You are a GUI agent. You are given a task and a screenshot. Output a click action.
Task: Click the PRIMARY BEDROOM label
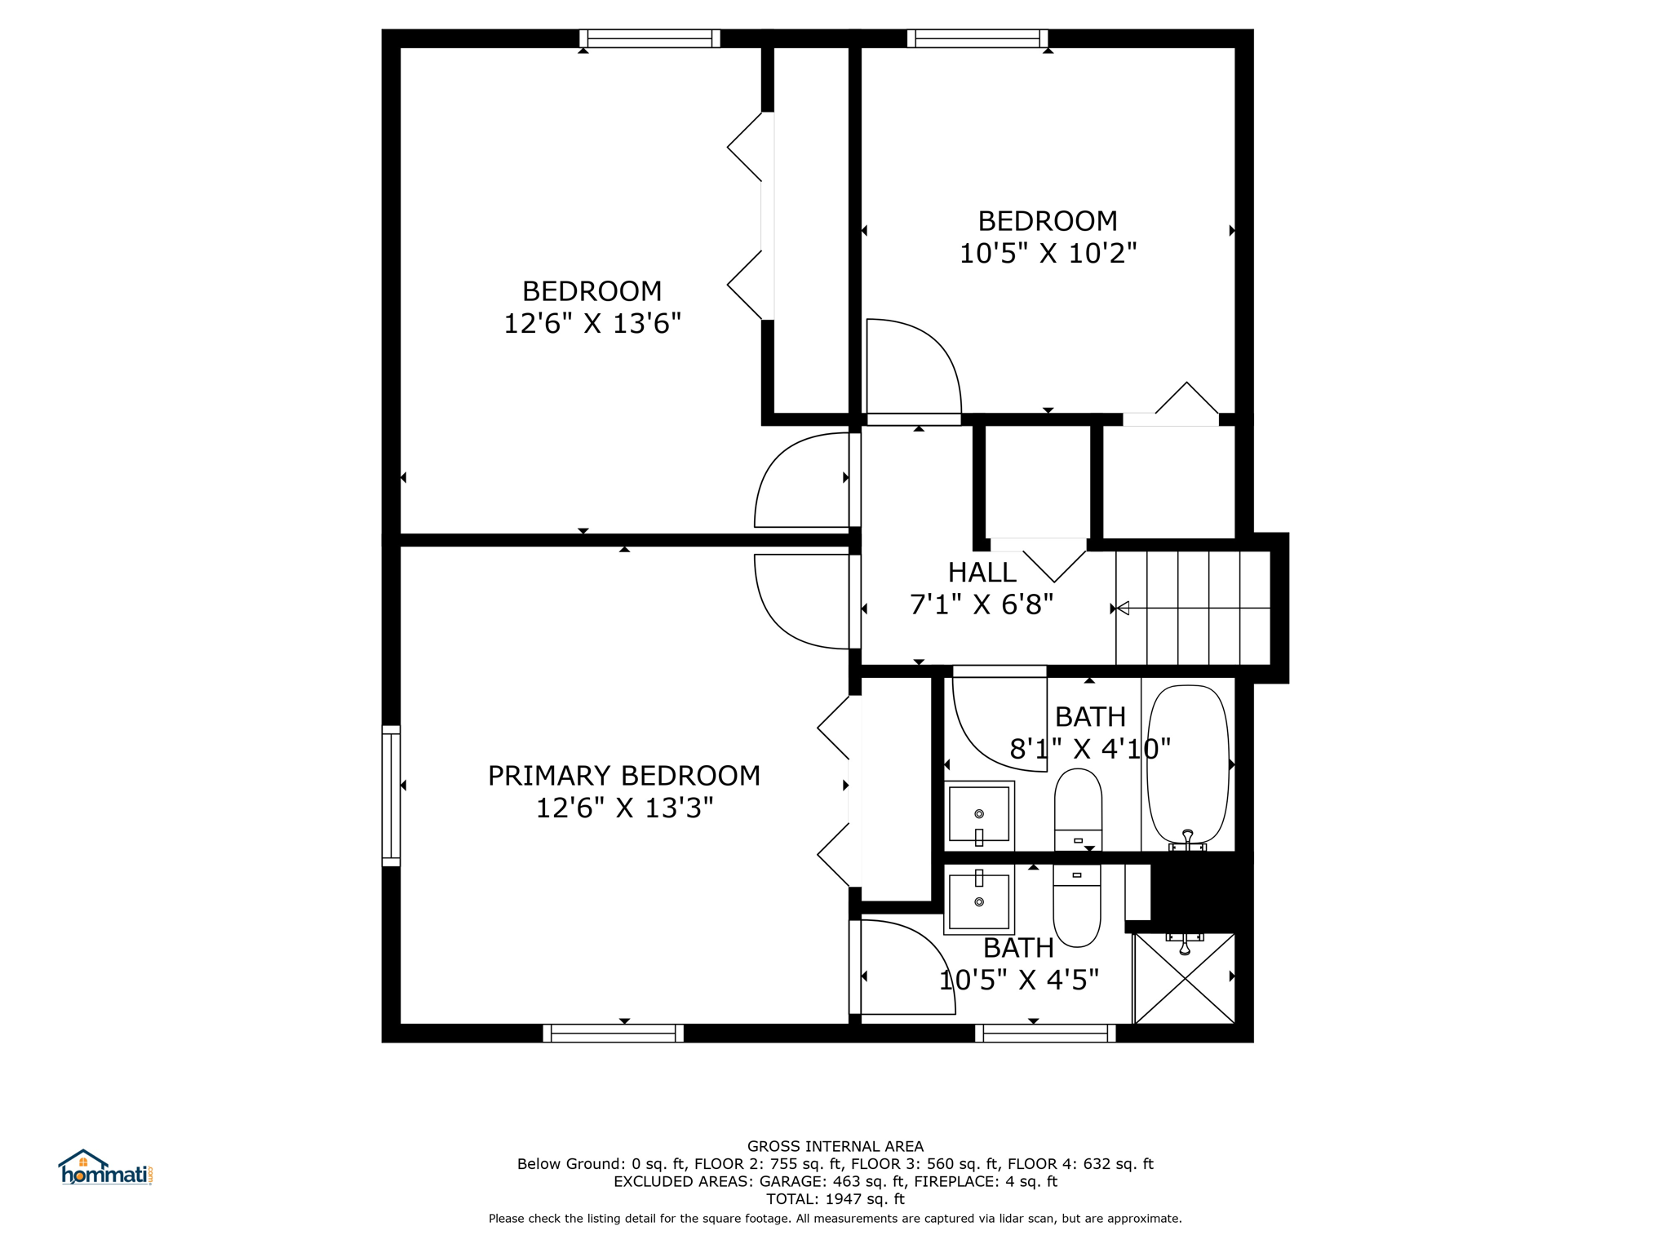click(623, 776)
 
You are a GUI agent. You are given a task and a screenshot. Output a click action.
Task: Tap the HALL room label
click(982, 573)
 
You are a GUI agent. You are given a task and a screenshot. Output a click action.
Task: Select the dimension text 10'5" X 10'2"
click(1048, 254)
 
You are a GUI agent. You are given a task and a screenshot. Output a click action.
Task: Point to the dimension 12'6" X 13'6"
click(592, 324)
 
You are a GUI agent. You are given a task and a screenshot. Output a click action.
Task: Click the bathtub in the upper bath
click(1188, 765)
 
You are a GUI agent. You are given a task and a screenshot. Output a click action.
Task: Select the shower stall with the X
click(1185, 978)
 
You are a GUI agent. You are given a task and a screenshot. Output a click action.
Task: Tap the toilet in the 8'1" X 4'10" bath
click(1078, 810)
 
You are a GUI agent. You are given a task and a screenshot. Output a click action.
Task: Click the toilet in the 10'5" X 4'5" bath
click(1077, 905)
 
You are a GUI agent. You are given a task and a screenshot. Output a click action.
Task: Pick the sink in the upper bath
click(979, 816)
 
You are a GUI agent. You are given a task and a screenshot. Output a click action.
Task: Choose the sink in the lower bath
click(979, 900)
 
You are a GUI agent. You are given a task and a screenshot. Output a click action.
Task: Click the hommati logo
click(105, 1168)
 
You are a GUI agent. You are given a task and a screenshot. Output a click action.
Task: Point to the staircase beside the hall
click(1193, 608)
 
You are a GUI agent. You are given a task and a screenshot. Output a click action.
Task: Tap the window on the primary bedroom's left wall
click(392, 795)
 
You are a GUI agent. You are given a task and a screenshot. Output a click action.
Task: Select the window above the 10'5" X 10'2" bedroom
click(977, 38)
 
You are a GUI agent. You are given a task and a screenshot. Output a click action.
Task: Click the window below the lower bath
click(1045, 1034)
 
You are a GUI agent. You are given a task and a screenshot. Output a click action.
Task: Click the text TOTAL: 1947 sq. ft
click(835, 1199)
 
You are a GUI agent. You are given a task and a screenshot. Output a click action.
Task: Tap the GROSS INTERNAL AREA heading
click(835, 1146)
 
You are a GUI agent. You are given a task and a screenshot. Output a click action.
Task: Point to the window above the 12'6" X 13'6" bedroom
click(649, 38)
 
